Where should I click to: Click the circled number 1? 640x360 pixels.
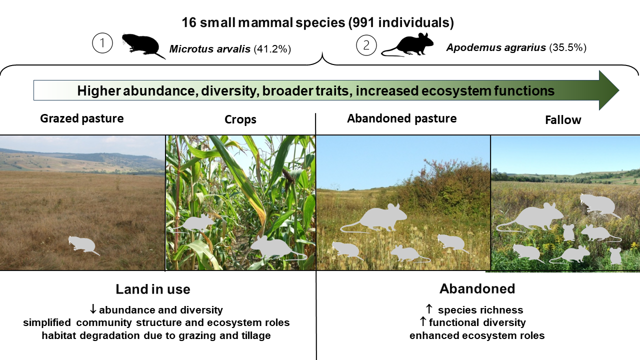coord(102,43)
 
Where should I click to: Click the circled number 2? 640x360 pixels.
coord(366,45)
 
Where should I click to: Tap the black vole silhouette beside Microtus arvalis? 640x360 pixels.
coord(143,45)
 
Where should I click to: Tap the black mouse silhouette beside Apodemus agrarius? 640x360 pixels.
coord(408,45)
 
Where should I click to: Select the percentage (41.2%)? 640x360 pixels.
coord(272,49)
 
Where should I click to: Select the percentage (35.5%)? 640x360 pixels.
coord(567,47)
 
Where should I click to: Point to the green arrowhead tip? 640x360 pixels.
coord(619,90)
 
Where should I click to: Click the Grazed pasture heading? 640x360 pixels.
coord(81,118)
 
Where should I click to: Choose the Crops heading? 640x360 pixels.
coord(240,119)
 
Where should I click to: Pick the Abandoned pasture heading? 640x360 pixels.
coord(401,118)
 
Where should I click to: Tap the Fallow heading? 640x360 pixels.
coord(563,120)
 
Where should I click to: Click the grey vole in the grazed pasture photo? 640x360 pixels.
coord(83,245)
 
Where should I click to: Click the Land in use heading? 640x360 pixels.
coord(153,289)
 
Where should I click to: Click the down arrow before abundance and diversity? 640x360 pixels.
coord(93,309)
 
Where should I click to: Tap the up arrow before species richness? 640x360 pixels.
coord(429,309)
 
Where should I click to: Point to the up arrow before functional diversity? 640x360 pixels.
coord(423,321)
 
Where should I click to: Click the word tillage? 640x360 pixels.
coord(255,335)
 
